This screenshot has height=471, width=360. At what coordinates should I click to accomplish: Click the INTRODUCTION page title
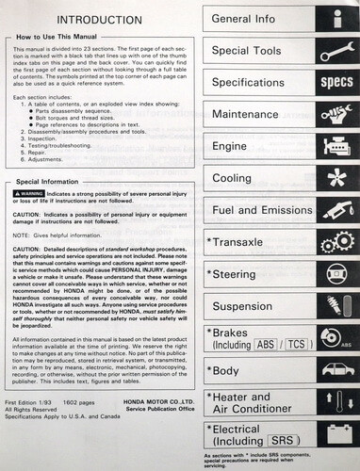coord(98,18)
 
